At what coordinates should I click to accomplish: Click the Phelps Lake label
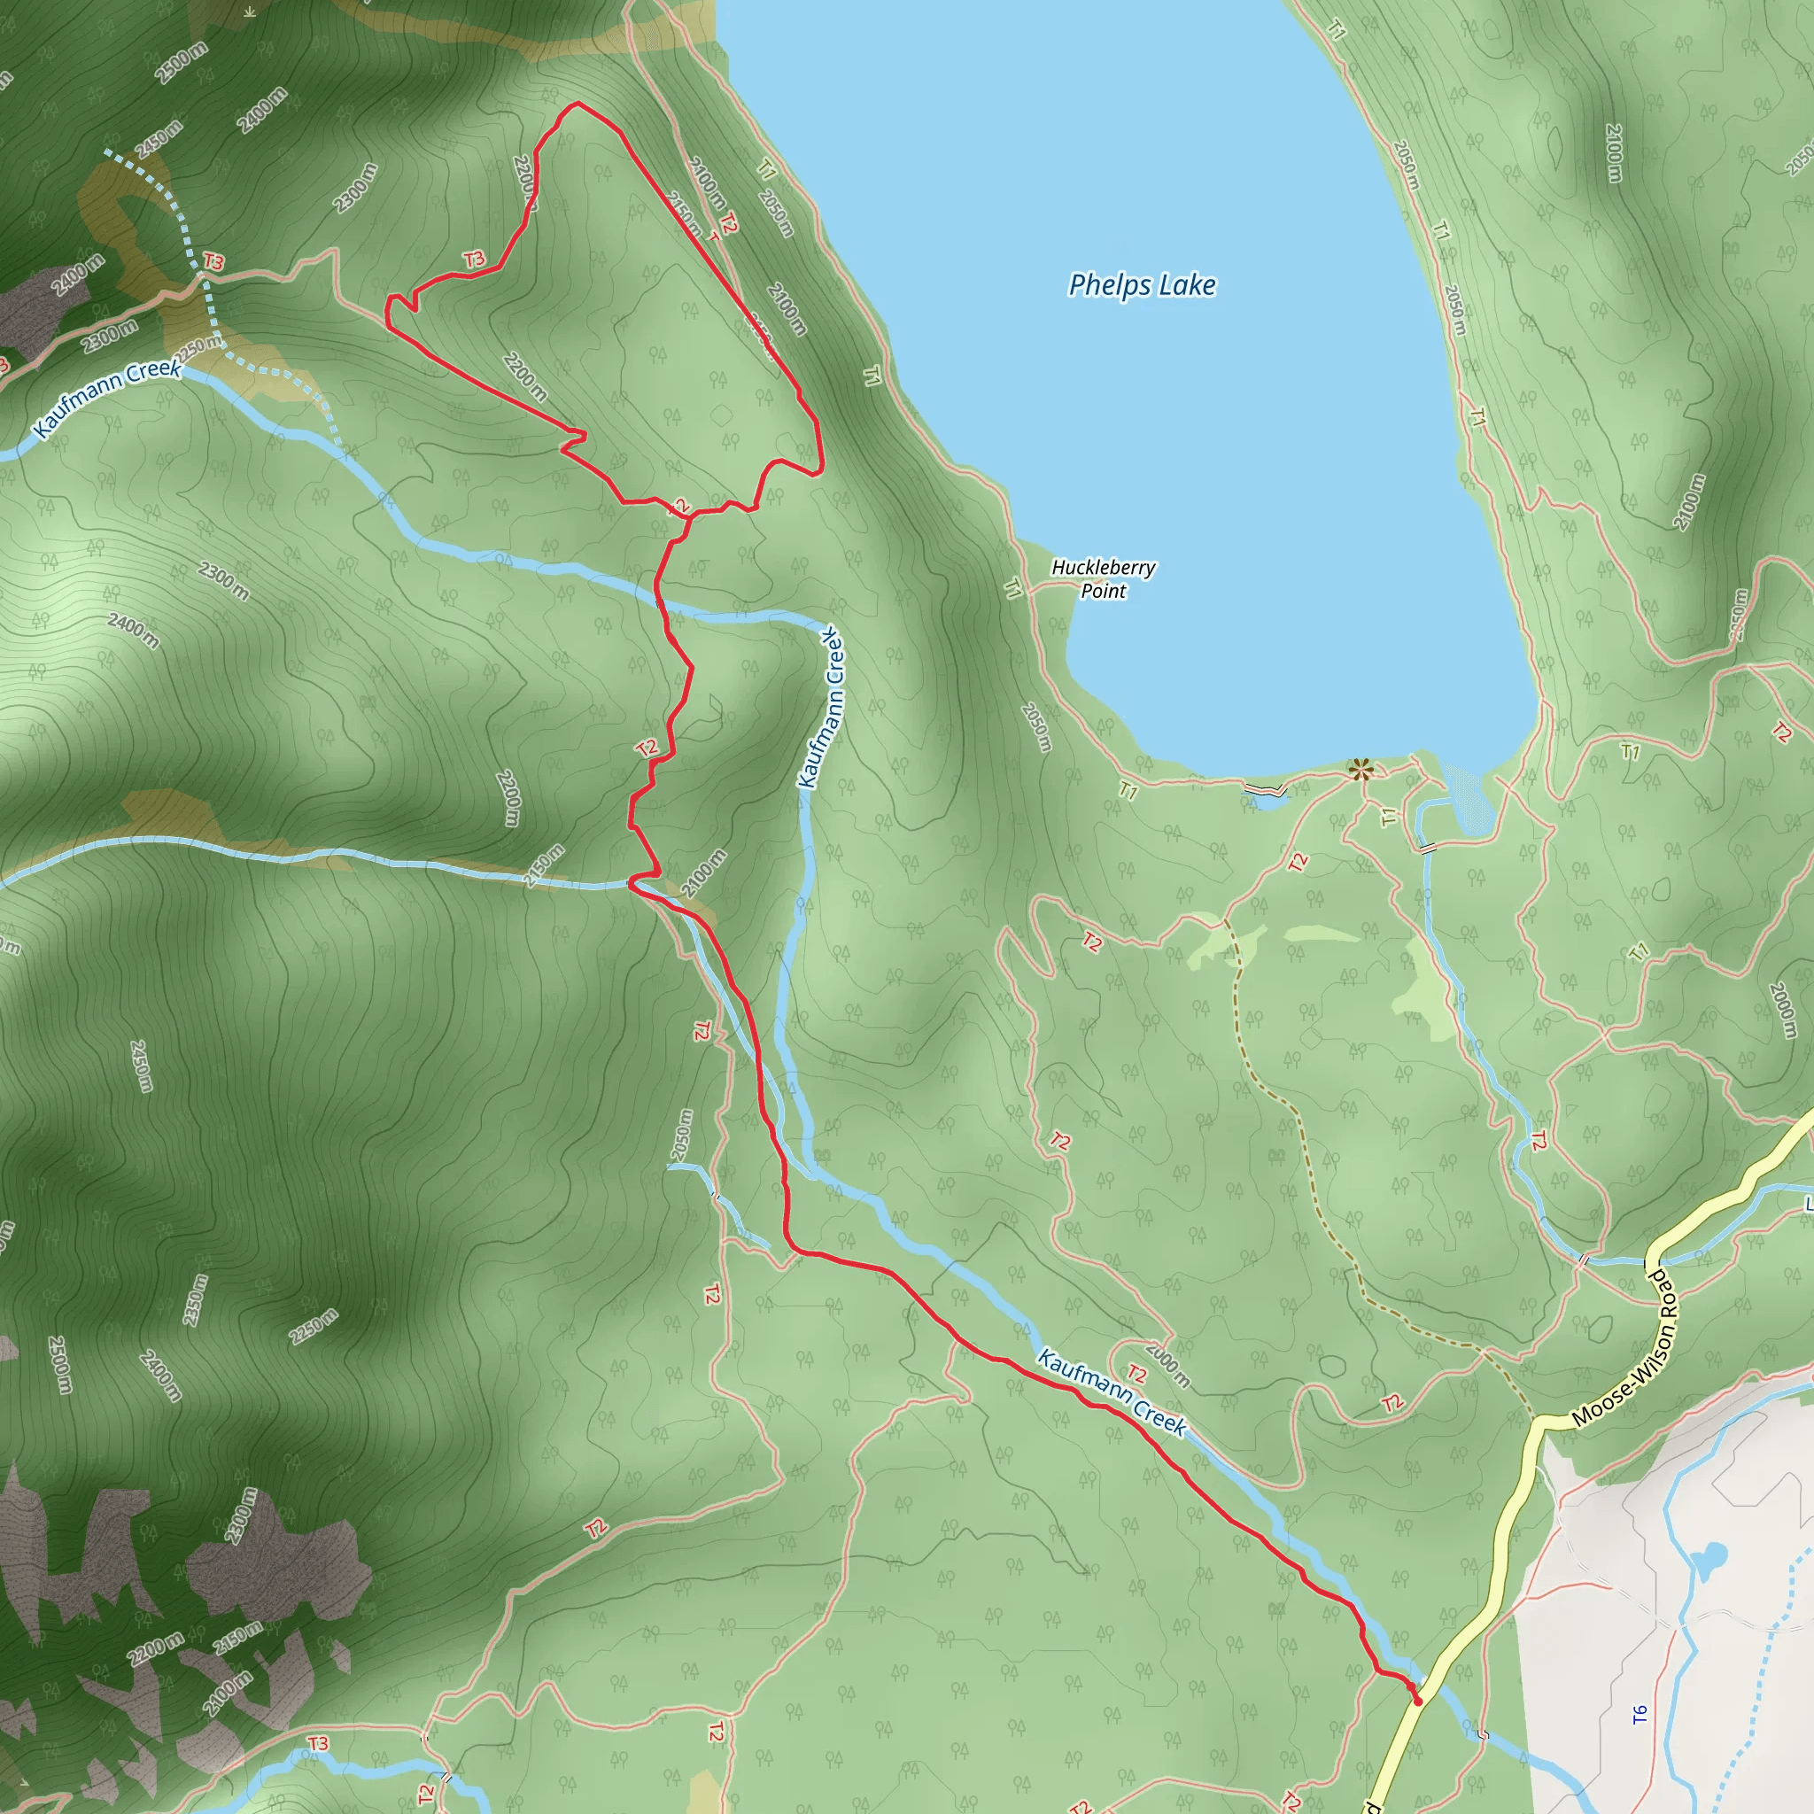click(1142, 284)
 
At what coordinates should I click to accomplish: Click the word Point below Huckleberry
click(1104, 592)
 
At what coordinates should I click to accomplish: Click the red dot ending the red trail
click(1418, 1701)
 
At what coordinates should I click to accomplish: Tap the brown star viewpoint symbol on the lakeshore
click(1360, 771)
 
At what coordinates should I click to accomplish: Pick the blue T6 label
click(1640, 1716)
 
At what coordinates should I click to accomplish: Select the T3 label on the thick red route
click(474, 260)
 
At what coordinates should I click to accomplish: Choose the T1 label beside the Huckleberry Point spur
click(1012, 589)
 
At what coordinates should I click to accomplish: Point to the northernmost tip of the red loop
click(578, 104)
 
